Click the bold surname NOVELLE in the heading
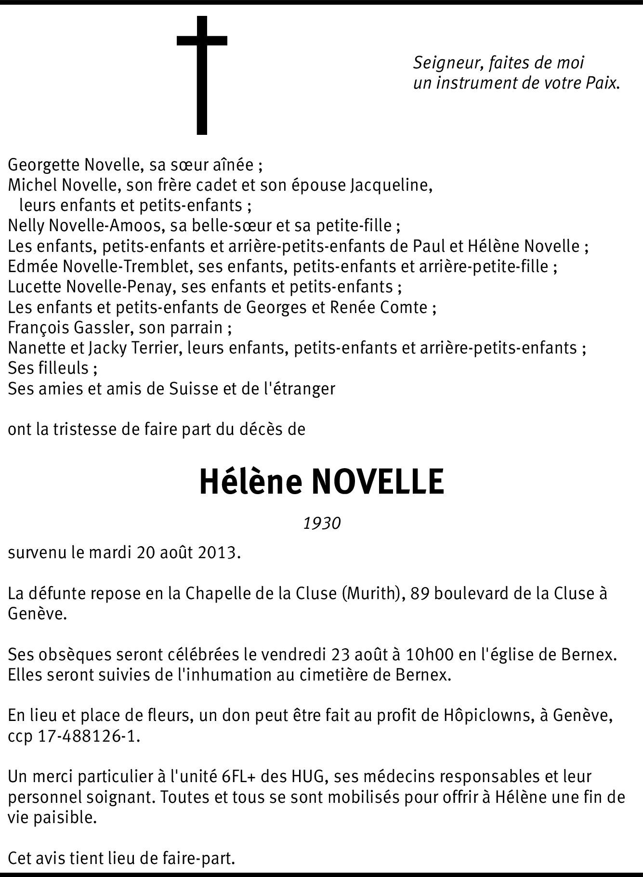(378, 482)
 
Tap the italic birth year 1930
(322, 523)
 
